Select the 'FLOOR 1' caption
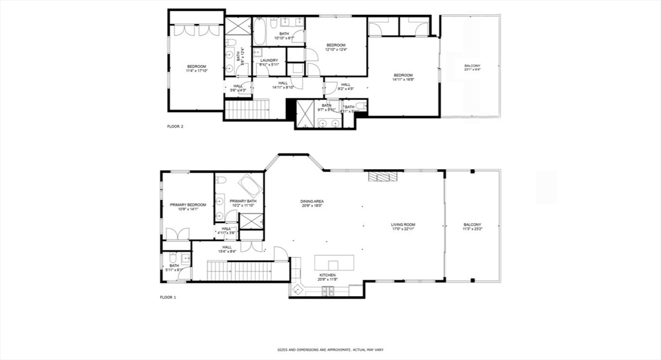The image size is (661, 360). tap(168, 297)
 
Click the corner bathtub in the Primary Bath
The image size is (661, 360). tap(249, 186)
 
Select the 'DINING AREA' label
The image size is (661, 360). tap(312, 202)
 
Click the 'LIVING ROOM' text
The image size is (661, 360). tap(403, 225)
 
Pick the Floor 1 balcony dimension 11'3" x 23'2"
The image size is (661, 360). tap(472, 229)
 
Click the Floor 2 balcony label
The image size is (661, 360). tap(472, 66)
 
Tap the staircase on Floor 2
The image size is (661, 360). tap(246, 110)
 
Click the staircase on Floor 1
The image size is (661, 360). tap(239, 270)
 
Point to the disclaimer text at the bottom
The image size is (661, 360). tap(330, 350)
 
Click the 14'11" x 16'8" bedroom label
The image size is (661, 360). tap(403, 77)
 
